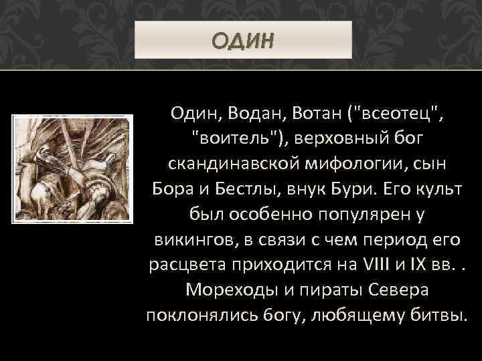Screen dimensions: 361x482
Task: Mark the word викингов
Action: pos(187,241)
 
